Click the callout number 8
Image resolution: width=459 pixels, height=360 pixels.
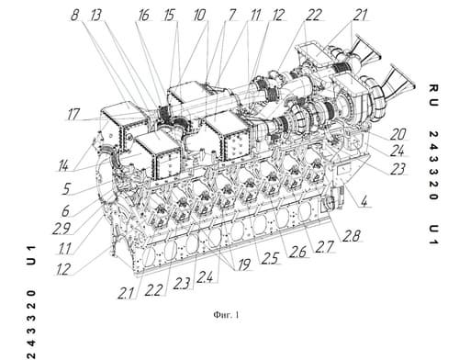[75, 15]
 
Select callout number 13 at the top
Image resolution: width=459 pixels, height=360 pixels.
[96, 15]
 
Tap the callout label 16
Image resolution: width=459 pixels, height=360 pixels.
[144, 15]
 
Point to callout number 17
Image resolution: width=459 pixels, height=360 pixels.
[73, 115]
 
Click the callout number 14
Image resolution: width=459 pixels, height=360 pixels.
[63, 166]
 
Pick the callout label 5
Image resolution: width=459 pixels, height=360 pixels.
[66, 189]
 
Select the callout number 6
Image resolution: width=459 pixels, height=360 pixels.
[65, 211]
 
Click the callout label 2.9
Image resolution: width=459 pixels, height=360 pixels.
[62, 229]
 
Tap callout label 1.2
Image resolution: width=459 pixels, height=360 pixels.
[63, 270]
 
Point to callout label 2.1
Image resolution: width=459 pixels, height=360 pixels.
[126, 294]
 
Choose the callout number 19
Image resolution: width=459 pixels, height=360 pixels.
[244, 264]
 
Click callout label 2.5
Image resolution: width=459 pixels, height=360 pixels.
[270, 259]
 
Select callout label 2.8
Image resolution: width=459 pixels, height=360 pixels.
[351, 236]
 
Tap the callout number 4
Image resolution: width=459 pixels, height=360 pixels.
[364, 202]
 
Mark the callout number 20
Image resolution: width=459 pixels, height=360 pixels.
[397, 134]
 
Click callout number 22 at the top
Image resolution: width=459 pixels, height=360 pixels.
[313, 15]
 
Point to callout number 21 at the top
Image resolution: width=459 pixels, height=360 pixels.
[360, 15]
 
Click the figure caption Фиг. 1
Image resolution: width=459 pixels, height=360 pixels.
[227, 315]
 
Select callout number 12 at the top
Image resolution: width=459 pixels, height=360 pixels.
[278, 15]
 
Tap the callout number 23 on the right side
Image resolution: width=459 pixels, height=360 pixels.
[397, 169]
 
